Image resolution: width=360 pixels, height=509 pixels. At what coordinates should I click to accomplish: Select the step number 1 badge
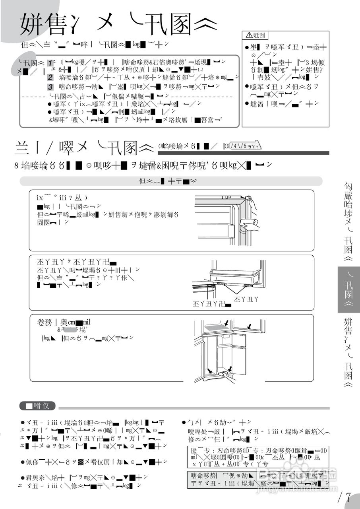pos(50,63)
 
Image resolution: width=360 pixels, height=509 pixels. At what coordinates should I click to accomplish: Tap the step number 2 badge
pos(50,77)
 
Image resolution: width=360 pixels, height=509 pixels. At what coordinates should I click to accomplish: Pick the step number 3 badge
pos(50,87)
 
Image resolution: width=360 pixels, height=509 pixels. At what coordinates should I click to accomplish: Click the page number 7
pos(348,497)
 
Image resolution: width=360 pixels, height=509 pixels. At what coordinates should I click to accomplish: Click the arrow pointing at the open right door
pos(249,326)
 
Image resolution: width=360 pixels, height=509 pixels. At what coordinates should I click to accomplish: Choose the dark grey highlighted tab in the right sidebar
pos(349,289)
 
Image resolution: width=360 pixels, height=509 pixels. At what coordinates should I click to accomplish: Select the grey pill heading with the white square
pos(37,406)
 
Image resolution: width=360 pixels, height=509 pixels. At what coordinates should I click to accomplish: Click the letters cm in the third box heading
pos(72,322)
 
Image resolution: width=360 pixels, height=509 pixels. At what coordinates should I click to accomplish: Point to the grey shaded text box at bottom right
pos(258,480)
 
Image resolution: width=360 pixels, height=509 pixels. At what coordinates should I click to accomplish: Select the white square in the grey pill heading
pos(29,406)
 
